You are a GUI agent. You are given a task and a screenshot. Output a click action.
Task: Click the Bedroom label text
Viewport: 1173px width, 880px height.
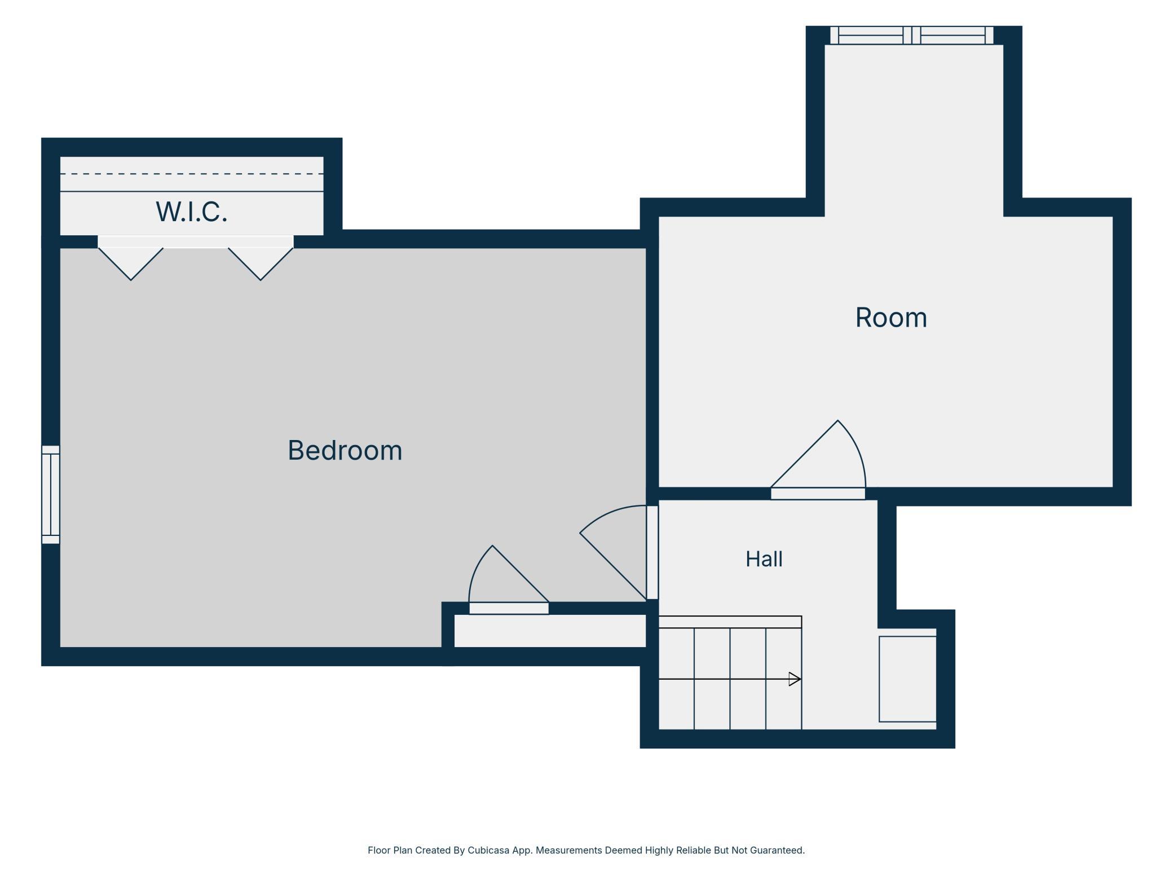coord(345,450)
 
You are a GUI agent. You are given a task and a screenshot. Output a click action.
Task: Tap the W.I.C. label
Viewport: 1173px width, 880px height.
coord(192,212)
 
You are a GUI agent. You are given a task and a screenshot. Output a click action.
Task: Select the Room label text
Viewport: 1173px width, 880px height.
coord(891,317)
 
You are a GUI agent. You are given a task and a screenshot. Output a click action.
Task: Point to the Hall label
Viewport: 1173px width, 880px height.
coord(764,559)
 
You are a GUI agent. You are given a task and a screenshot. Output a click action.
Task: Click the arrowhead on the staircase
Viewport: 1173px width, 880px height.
coord(795,679)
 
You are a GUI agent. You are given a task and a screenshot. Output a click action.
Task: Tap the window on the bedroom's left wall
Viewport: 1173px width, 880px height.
coord(51,495)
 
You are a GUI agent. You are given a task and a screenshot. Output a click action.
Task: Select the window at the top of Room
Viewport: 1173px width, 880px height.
coord(912,35)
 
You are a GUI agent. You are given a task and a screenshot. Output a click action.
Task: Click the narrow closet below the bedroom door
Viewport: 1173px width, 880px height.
coord(550,631)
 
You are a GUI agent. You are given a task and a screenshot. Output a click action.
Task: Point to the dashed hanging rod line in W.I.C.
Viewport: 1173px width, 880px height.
coord(192,174)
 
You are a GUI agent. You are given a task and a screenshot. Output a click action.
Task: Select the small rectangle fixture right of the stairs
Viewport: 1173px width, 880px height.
coord(907,679)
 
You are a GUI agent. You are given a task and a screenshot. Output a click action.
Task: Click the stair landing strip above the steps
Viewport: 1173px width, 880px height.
coord(730,622)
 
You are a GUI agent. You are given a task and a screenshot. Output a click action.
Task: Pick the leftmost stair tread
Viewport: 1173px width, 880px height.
coord(676,679)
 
